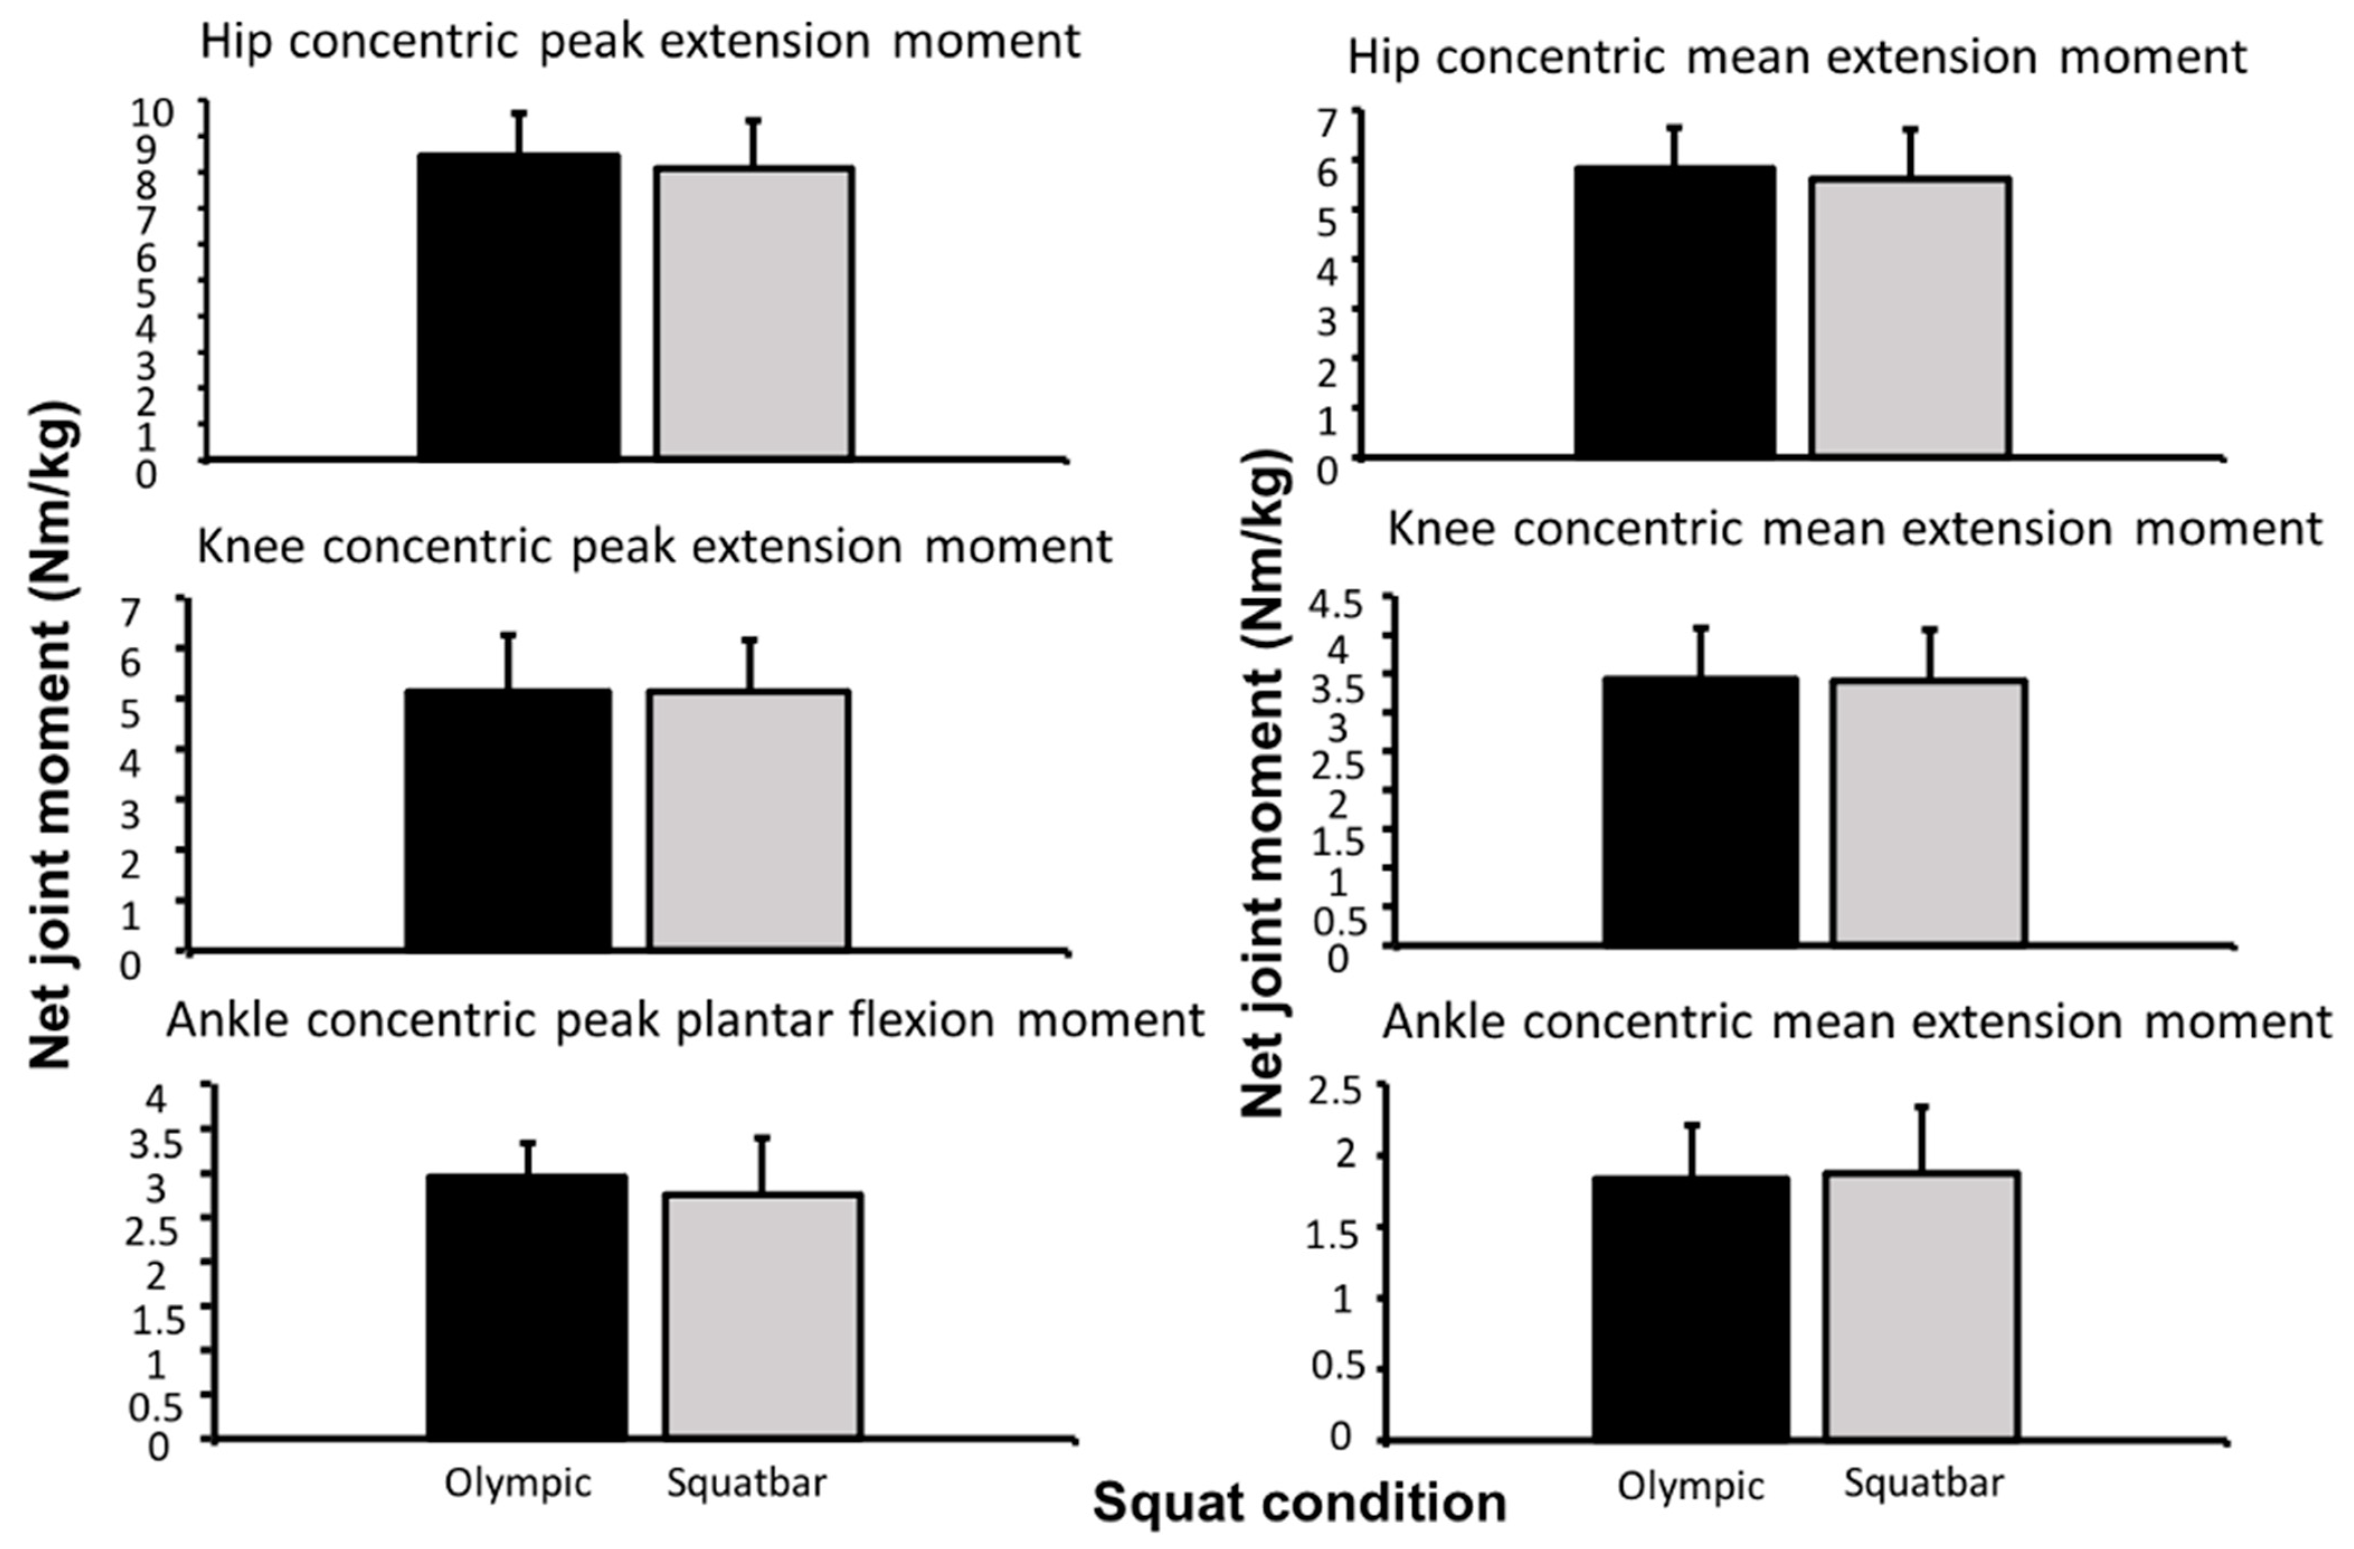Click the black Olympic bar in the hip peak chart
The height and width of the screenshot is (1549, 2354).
click(518, 307)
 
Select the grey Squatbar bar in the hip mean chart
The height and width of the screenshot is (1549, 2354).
click(1910, 316)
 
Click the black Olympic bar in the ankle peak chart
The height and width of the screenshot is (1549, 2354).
click(526, 1306)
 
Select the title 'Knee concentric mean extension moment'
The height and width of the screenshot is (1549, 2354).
click(1854, 530)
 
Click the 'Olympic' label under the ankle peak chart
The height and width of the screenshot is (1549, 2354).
click(517, 1482)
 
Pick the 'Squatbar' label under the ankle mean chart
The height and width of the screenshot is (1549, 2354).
click(1924, 1482)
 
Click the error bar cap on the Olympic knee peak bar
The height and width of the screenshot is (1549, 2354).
click(508, 635)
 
